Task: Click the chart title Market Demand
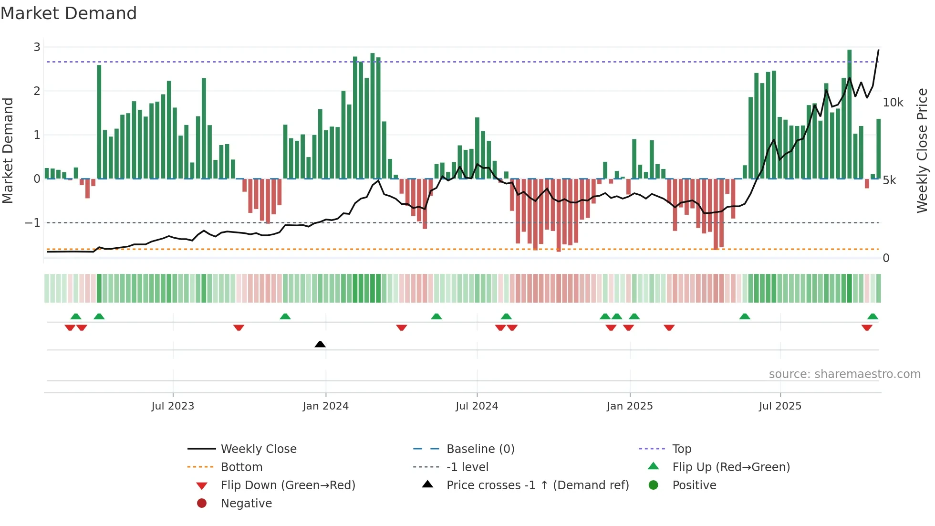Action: [x=69, y=13]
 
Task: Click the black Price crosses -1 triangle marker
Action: [x=320, y=344]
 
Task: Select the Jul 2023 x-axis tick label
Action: [x=173, y=406]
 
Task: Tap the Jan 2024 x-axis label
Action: [x=325, y=406]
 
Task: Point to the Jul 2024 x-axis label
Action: [x=477, y=406]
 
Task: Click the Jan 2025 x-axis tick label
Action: [x=630, y=406]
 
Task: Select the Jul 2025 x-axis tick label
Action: [x=780, y=406]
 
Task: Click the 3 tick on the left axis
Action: [x=37, y=47]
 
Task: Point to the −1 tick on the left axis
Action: [x=32, y=223]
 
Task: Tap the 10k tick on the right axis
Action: [x=893, y=103]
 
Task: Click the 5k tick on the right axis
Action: [x=889, y=180]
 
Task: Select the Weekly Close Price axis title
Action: [x=922, y=150]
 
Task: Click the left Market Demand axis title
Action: [x=8, y=150]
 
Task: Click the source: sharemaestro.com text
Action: [x=844, y=374]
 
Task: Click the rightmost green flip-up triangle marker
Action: [x=873, y=316]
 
